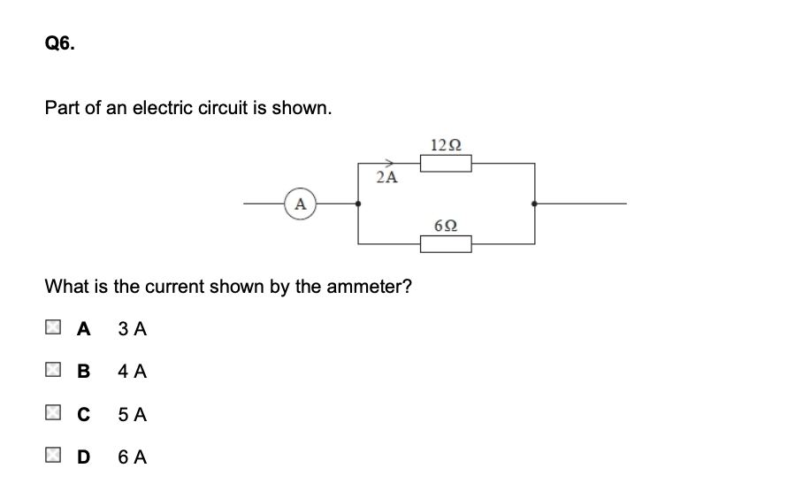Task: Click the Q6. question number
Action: click(x=60, y=43)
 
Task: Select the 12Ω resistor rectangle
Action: click(x=447, y=164)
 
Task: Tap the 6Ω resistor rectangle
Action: click(x=447, y=243)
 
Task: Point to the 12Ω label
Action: click(x=446, y=144)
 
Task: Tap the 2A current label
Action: click(x=386, y=177)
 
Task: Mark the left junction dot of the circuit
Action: click(x=358, y=203)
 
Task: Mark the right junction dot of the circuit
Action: click(x=534, y=203)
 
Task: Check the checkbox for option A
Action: click(x=53, y=329)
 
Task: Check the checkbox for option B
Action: click(x=53, y=372)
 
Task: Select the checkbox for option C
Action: click(x=53, y=414)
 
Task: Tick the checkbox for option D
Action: click(x=53, y=457)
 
